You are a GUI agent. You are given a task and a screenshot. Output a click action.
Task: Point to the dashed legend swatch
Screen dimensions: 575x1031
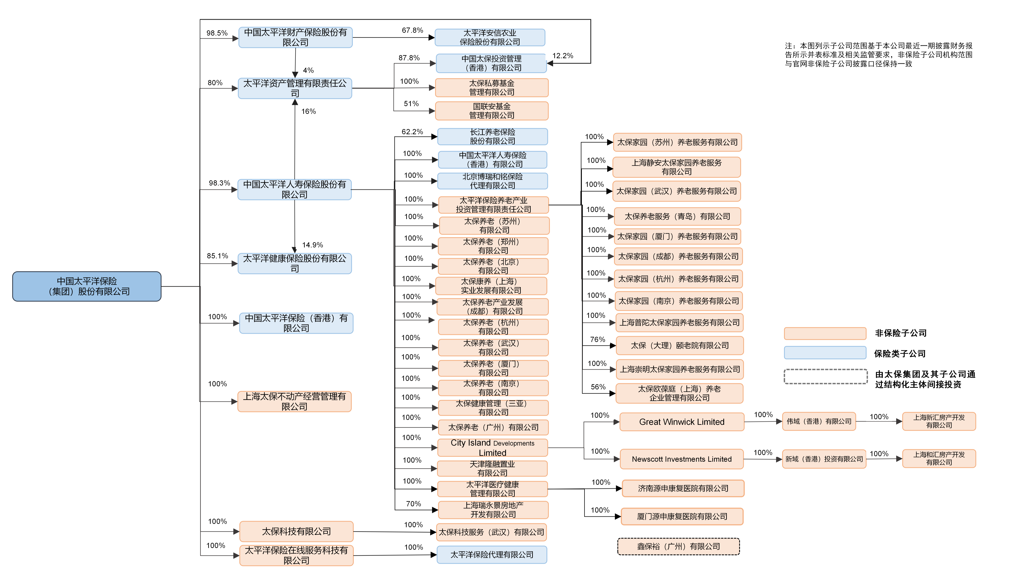(825, 377)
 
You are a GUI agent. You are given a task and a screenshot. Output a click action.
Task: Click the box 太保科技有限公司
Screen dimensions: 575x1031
(296, 531)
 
